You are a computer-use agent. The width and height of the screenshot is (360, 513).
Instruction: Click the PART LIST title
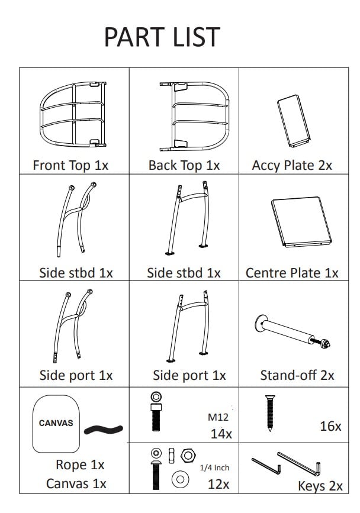pyautogui.click(x=162, y=37)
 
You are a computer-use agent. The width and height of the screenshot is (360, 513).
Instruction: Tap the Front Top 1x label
pyautogui.click(x=70, y=166)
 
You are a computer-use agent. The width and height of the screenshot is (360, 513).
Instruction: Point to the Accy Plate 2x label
pyautogui.click(x=292, y=166)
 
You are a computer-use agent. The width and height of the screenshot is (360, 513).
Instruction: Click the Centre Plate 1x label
pyautogui.click(x=292, y=273)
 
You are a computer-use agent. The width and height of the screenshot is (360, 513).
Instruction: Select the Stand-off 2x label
pyautogui.click(x=297, y=375)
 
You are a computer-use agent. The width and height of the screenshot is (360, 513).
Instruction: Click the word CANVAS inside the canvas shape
pyautogui.click(x=56, y=423)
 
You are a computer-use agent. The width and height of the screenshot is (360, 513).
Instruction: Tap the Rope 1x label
pyautogui.click(x=80, y=464)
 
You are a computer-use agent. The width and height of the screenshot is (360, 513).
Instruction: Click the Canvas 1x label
pyautogui.click(x=76, y=483)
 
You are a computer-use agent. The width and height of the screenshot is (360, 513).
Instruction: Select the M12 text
pyautogui.click(x=217, y=417)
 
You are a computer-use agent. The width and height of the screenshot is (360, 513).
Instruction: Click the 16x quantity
pyautogui.click(x=330, y=425)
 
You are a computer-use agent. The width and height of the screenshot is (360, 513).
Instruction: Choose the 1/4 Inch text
pyautogui.click(x=214, y=467)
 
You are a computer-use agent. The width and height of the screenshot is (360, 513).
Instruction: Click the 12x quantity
pyautogui.click(x=218, y=483)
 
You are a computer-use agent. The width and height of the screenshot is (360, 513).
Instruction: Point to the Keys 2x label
pyautogui.click(x=320, y=486)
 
